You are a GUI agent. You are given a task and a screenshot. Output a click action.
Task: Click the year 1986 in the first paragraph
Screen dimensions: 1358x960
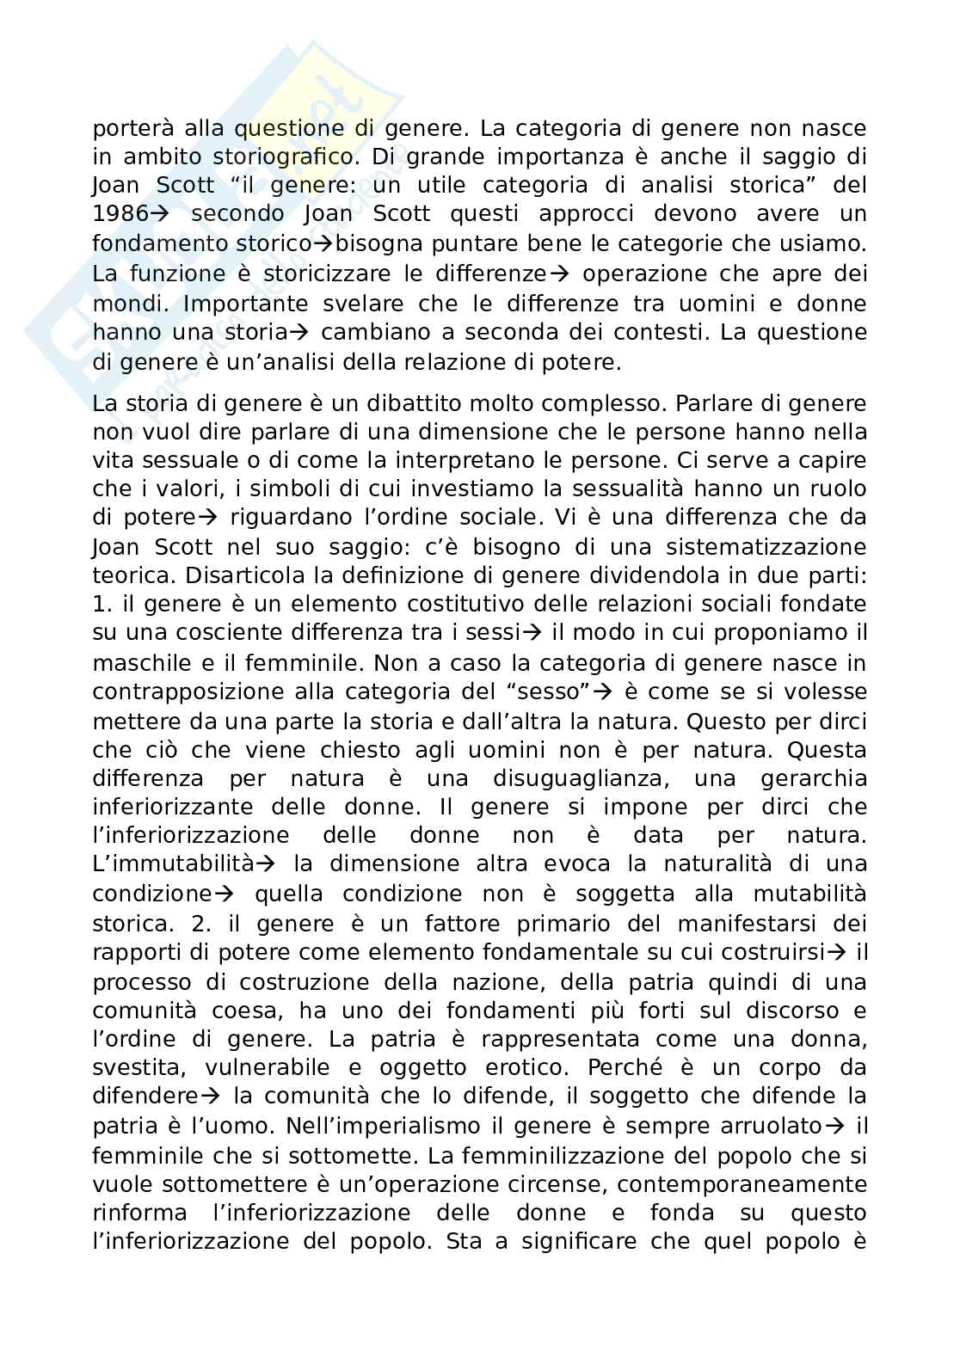(x=120, y=214)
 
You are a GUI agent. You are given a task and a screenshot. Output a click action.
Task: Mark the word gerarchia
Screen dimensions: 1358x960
(x=814, y=779)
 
